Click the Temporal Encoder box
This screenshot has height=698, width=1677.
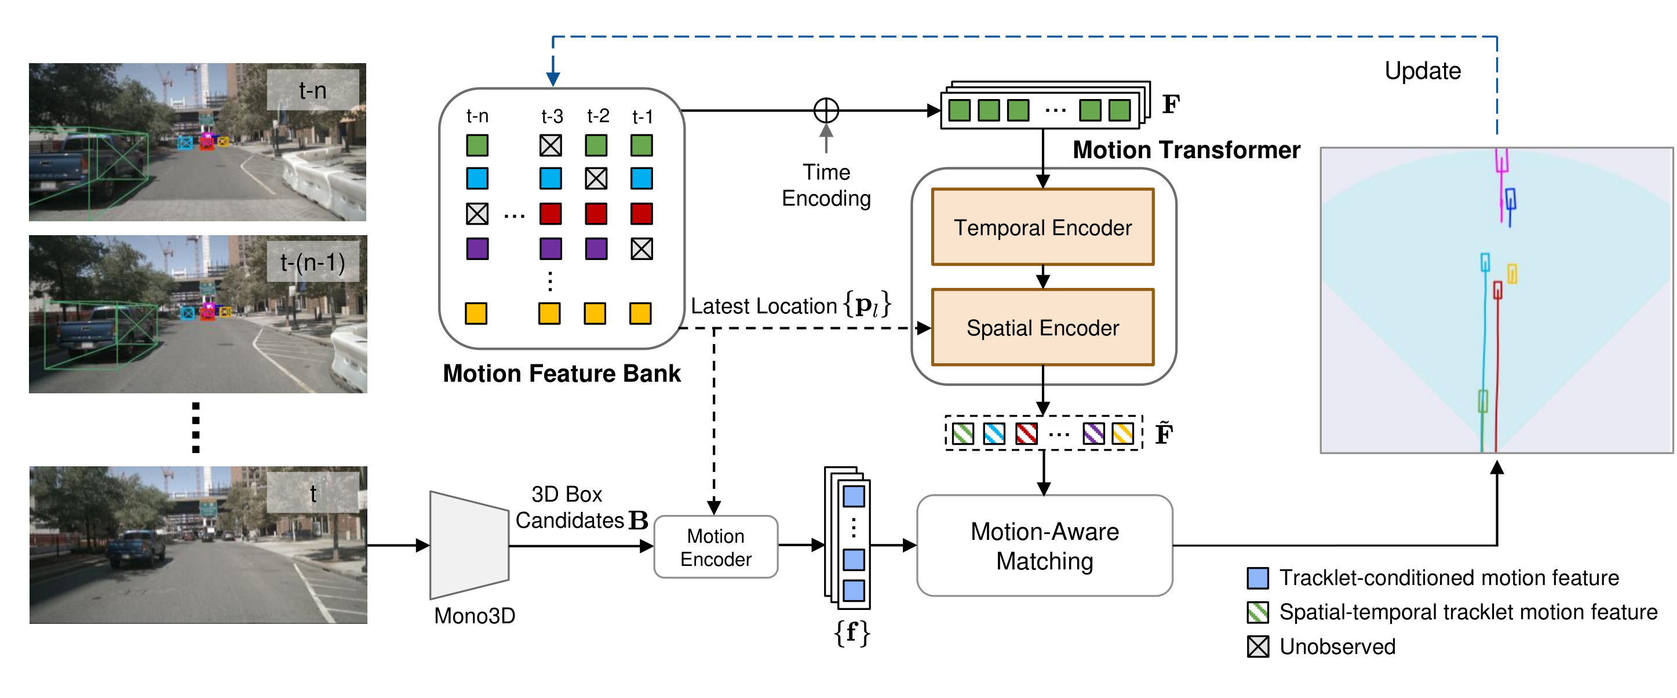coord(1042,227)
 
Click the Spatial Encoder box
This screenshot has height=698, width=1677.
coord(1042,327)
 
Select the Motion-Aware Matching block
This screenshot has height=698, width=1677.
coord(1044,546)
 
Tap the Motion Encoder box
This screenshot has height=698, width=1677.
coord(715,547)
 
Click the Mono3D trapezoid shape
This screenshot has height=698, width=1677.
coord(469,545)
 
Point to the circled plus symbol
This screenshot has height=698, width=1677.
coord(826,111)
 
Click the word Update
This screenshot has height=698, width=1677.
coord(1422,71)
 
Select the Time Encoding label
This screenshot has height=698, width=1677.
coord(826,185)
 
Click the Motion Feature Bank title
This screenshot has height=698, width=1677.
coord(561,374)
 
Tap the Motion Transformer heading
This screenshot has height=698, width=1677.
coord(1186,150)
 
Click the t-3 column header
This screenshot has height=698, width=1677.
coord(552,116)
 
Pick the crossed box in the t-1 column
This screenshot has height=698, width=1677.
coord(641,248)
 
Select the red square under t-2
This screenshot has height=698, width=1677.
coord(596,213)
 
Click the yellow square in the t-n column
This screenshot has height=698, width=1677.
coord(476,313)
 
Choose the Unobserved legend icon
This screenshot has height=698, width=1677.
coord(1257,646)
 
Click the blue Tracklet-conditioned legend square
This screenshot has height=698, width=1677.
coord(1257,578)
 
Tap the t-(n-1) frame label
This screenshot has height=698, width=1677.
coord(312,262)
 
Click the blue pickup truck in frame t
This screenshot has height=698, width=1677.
coord(137,546)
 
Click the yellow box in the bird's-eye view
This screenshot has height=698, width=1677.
coord(1512,274)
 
